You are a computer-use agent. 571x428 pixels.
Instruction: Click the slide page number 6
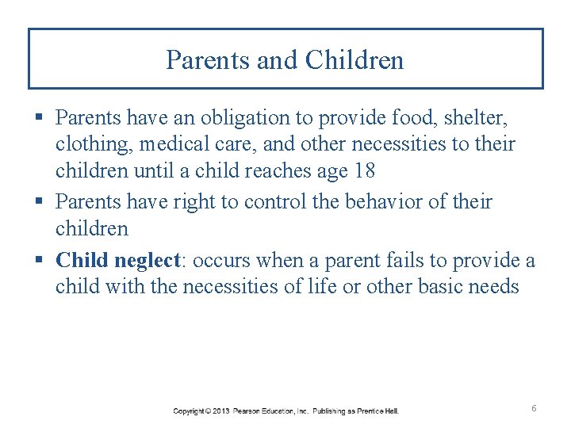click(x=534, y=408)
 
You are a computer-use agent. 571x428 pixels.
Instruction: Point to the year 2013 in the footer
click(x=221, y=411)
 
